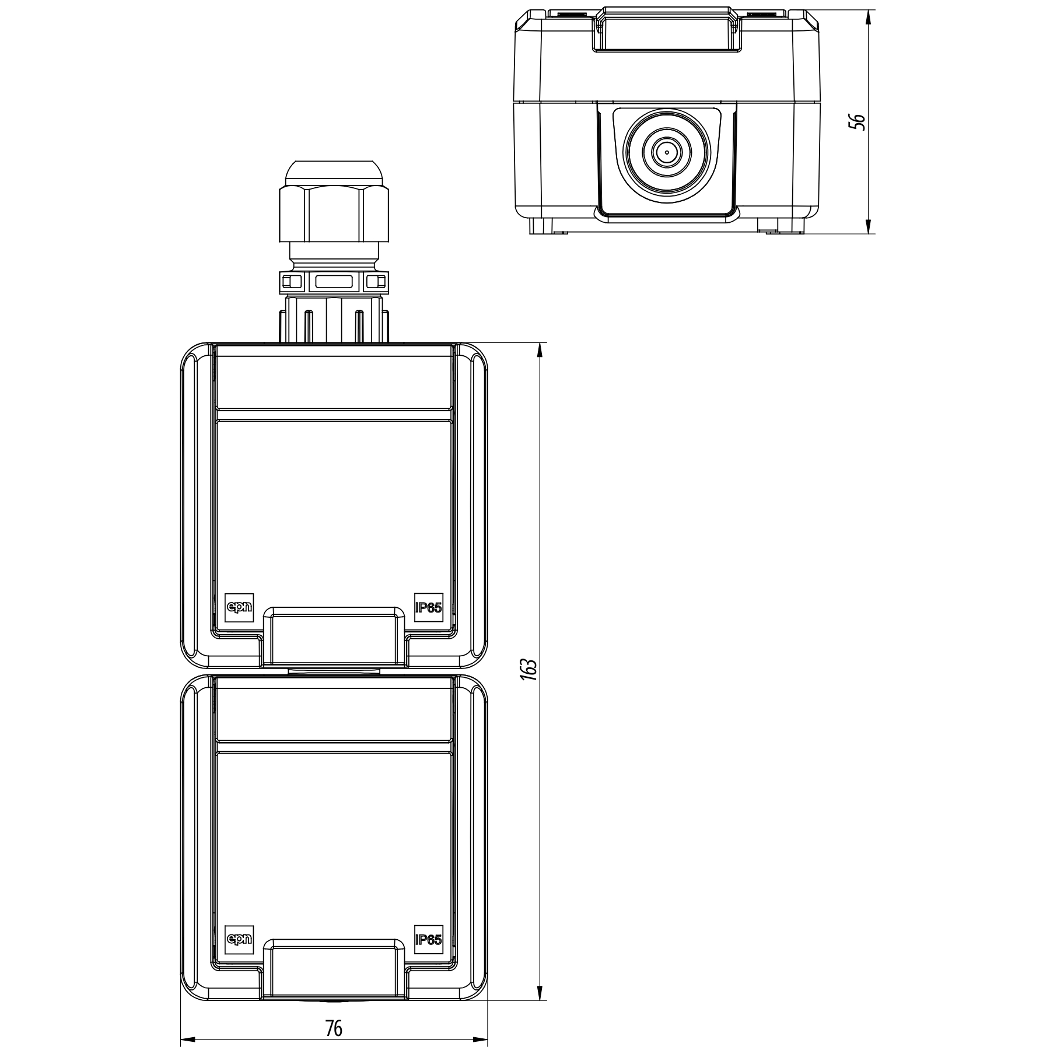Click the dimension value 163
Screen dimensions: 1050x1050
529,670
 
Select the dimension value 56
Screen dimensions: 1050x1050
856,121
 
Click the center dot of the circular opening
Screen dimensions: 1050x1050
666,153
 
